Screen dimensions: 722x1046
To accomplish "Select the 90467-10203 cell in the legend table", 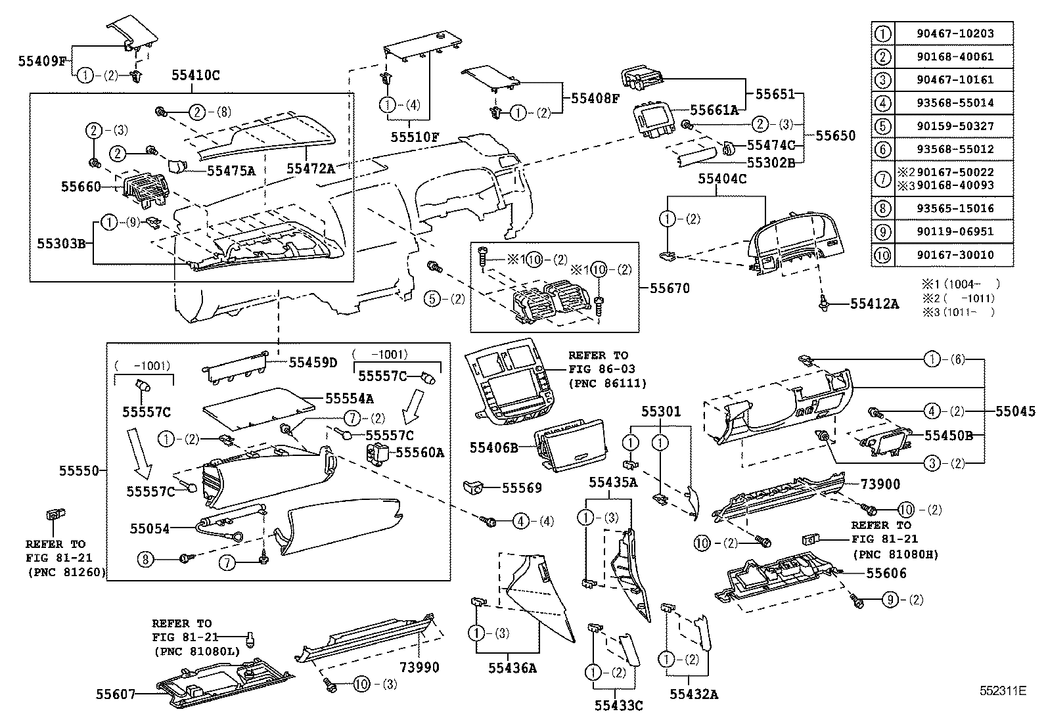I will click(x=955, y=34).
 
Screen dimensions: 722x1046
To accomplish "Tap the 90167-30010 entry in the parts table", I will click(x=955, y=255).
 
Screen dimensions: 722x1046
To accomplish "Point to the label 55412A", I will click(x=874, y=304).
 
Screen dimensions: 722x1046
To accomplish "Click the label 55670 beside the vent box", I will click(x=670, y=288).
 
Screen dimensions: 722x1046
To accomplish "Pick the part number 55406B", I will click(x=493, y=448).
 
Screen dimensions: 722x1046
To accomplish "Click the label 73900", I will click(x=880, y=484).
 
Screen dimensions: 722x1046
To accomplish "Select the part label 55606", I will click(x=886, y=574).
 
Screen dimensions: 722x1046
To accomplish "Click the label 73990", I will click(x=419, y=667).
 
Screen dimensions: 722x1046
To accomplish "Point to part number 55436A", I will click(x=512, y=668).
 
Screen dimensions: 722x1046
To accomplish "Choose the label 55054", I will click(x=150, y=528).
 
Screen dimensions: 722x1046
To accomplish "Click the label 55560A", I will click(x=420, y=452).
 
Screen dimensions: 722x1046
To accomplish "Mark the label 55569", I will click(x=522, y=487).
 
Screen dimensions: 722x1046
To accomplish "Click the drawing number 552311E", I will click(x=1002, y=690).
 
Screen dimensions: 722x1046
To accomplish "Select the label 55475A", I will click(x=231, y=171).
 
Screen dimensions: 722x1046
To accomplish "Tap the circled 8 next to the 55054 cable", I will click(x=145, y=559).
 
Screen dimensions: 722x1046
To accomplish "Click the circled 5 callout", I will click(x=432, y=299).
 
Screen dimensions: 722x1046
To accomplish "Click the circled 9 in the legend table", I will click(x=883, y=232).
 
